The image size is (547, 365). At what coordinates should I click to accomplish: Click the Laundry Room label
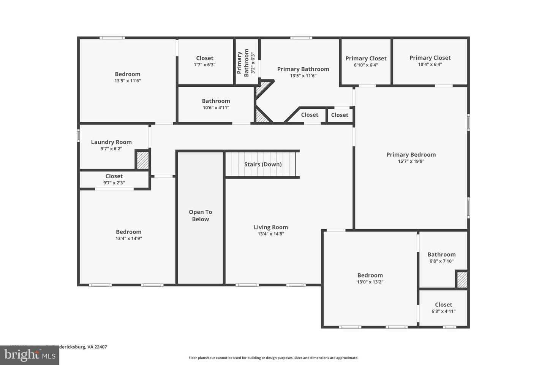click(x=111, y=142)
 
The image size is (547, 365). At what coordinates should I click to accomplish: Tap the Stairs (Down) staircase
click(x=262, y=164)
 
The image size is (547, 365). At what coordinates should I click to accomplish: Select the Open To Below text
click(x=200, y=216)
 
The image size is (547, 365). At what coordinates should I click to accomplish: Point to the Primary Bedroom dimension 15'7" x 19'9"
click(x=411, y=161)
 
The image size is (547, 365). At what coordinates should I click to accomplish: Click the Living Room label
click(x=271, y=227)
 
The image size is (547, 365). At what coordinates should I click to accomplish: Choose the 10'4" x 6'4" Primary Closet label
click(x=430, y=58)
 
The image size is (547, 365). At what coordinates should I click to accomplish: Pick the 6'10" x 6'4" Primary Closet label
click(x=366, y=59)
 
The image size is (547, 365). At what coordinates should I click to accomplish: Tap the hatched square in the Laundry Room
click(x=142, y=160)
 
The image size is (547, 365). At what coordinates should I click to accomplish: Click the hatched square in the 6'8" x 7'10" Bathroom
click(x=462, y=280)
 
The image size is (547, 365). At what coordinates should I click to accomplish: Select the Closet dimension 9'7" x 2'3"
click(x=114, y=183)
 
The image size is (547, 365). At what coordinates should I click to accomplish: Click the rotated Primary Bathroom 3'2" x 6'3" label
click(x=246, y=62)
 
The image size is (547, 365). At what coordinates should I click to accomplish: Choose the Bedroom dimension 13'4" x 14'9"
click(x=129, y=239)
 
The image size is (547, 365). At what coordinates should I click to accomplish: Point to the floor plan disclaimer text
click(x=273, y=358)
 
